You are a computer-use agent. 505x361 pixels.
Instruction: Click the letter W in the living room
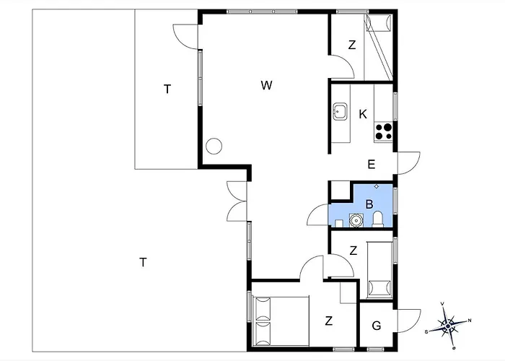point(267,85)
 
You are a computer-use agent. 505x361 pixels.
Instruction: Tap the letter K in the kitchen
point(363,114)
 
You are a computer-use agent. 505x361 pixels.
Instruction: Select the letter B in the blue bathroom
point(369,204)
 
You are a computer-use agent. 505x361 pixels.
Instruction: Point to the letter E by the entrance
point(372,165)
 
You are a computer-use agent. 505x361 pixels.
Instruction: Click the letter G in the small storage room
point(376,326)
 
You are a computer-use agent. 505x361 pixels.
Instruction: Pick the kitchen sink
point(340,111)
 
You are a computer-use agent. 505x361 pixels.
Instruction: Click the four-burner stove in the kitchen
point(384,131)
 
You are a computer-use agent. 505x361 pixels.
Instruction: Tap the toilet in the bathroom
point(377,219)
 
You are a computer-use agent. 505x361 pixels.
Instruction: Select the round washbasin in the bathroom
point(356,220)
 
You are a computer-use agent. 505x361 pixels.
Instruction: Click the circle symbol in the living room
point(214,146)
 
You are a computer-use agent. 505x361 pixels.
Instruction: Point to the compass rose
point(448,326)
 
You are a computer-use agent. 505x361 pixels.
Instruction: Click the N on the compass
point(470,321)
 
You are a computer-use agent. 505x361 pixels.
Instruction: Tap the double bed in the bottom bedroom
point(281,321)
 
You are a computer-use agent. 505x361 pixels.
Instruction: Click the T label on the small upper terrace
point(167,89)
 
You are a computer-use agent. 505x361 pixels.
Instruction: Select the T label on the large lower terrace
point(143,262)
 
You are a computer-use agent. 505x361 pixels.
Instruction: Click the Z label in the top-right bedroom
point(352,45)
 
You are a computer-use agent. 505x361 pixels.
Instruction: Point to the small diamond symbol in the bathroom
point(376,186)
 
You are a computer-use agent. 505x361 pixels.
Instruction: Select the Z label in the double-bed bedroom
point(328,321)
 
